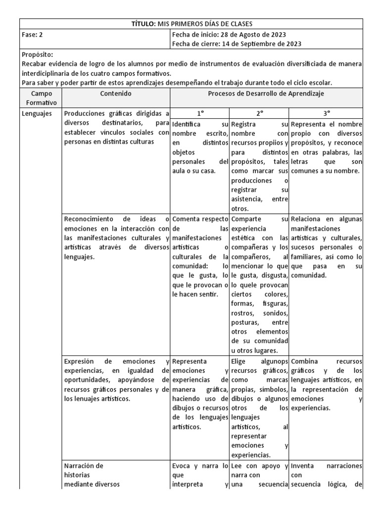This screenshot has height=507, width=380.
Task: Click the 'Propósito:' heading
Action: [38, 54]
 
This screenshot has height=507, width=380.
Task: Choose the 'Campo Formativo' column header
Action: [42, 98]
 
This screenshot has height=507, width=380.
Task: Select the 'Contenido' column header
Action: [116, 93]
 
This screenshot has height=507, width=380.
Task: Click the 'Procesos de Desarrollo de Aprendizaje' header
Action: [266, 93]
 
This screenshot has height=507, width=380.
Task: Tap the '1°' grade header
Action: [199, 113]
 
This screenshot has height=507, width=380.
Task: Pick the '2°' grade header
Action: [259, 113]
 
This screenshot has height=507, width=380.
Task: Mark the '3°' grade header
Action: [326, 113]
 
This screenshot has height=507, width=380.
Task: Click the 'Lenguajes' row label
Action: [37, 113]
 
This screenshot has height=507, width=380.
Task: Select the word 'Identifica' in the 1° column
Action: [187, 124]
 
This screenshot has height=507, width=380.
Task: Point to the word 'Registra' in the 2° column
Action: [243, 124]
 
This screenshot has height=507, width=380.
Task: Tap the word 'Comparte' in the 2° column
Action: [245, 219]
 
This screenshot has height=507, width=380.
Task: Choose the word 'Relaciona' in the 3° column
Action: [307, 219]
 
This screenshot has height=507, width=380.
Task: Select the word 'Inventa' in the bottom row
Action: [303, 466]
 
